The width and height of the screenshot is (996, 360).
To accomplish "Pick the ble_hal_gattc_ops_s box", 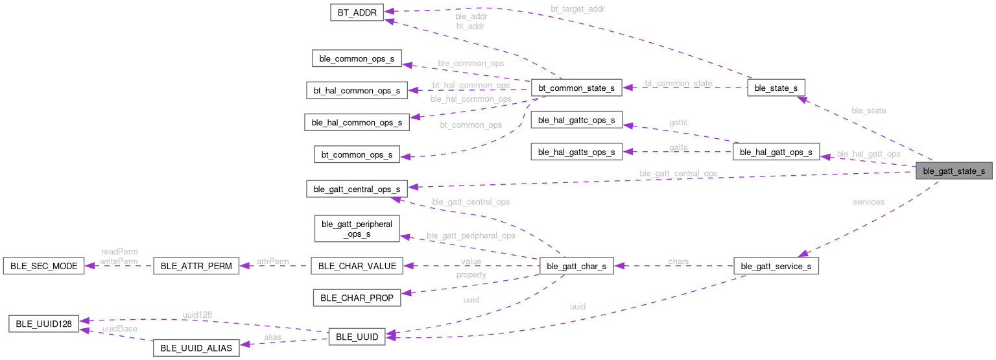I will [576, 120].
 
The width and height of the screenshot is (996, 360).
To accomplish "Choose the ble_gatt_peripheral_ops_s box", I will [357, 229].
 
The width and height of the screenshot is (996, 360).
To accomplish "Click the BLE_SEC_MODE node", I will [43, 266].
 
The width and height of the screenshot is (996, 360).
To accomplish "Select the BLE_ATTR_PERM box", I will [195, 266].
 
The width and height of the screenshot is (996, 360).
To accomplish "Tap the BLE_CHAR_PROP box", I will [357, 298].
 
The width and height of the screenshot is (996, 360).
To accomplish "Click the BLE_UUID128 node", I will [43, 323].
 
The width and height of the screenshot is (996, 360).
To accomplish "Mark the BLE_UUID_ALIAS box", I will [195, 348].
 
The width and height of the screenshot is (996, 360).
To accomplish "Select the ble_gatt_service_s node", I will [776, 266].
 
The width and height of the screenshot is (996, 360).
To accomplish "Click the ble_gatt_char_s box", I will [576, 266].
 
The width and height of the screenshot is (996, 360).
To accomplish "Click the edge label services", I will [868, 202].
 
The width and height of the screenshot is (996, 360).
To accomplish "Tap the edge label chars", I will [678, 261].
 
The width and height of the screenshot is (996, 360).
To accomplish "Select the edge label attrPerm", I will [272, 261].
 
